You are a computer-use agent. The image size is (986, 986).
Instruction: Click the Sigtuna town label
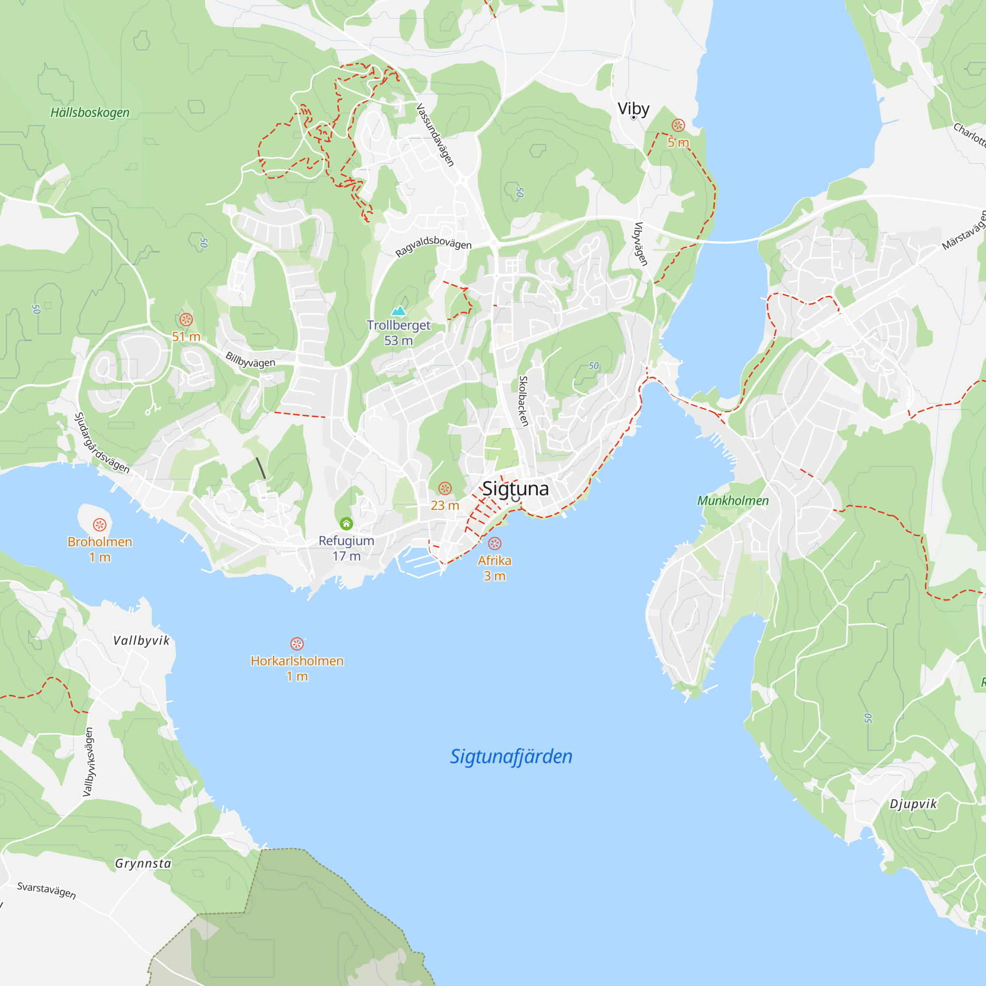(516, 489)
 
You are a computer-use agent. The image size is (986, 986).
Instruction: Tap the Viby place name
(634, 108)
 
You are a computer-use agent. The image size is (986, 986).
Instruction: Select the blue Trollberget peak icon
(398, 310)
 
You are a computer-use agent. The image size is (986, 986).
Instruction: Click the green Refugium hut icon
(346, 523)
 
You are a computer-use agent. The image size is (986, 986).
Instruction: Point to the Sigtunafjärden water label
(511, 756)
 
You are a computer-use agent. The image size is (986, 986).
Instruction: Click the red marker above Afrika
(494, 543)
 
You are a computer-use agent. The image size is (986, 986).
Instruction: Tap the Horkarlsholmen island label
(297, 661)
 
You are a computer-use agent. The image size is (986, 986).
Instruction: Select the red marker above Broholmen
(100, 525)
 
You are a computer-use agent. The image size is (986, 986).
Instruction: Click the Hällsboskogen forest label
(90, 112)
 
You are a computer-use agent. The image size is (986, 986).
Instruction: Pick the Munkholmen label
(733, 501)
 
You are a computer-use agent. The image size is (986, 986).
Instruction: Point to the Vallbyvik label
(141, 640)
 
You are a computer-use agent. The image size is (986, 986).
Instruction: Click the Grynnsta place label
(143, 864)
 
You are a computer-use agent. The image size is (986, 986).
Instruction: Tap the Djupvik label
(914, 804)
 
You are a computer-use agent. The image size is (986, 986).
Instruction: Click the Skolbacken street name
(523, 401)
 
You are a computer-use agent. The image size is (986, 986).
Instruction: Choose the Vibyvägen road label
(640, 244)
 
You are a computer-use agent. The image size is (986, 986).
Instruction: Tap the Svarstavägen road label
(46, 890)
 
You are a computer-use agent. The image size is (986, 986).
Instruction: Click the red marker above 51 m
(186, 320)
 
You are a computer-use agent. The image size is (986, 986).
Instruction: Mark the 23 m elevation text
(445, 505)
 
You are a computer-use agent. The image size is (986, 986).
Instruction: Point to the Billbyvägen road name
(250, 360)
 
